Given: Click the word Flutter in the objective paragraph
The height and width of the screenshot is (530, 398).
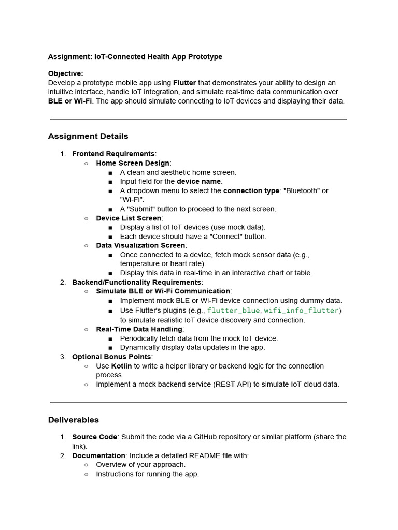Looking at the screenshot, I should (x=184, y=83).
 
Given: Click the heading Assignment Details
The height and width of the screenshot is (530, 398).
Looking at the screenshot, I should (x=88, y=136).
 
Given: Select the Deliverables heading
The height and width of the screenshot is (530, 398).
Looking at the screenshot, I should (x=73, y=420).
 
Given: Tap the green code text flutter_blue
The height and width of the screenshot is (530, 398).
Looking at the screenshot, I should (x=234, y=311).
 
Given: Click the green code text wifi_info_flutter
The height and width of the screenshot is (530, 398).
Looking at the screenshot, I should (x=302, y=311).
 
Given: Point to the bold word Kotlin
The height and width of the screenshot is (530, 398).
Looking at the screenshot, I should (x=121, y=366).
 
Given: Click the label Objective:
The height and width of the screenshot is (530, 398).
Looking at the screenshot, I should (x=65, y=73).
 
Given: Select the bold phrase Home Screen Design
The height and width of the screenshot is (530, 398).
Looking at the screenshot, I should (x=133, y=163).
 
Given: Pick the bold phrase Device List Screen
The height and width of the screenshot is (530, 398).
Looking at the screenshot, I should (x=129, y=218).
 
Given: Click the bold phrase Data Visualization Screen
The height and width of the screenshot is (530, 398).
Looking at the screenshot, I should (x=140, y=245).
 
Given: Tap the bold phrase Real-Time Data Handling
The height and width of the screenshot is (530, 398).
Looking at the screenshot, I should (x=139, y=329).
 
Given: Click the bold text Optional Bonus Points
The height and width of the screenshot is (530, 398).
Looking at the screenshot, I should (x=111, y=357).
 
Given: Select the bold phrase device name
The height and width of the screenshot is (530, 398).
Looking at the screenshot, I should (x=199, y=181).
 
